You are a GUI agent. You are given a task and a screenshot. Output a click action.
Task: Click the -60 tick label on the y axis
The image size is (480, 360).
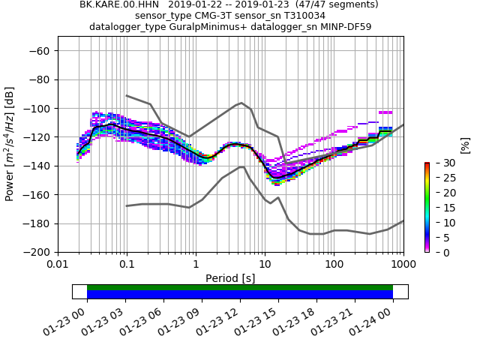[x=42, y=51]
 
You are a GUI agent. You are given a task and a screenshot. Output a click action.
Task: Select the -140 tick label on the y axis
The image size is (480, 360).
[x=39, y=166]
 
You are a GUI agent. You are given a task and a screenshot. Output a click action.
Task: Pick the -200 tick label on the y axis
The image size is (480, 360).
[x=39, y=252]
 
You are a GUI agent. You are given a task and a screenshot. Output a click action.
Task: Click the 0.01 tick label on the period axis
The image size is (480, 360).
[x=58, y=265]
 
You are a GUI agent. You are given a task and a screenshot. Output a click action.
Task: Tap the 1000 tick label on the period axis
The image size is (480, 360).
[x=403, y=265]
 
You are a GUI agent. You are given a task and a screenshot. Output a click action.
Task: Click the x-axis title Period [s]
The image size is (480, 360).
[x=230, y=278]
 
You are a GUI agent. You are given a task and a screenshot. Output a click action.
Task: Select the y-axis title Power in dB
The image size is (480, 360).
[x=10, y=144]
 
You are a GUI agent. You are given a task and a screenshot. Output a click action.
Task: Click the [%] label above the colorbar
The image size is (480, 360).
[x=465, y=145]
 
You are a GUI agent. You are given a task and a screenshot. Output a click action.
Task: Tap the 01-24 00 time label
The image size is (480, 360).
[x=375, y=319]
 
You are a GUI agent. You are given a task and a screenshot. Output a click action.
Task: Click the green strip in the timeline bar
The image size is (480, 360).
[x=240, y=287]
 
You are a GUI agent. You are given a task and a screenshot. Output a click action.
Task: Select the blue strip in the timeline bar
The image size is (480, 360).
[x=240, y=295]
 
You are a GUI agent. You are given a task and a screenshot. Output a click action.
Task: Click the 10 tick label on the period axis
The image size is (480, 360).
[x=265, y=265]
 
